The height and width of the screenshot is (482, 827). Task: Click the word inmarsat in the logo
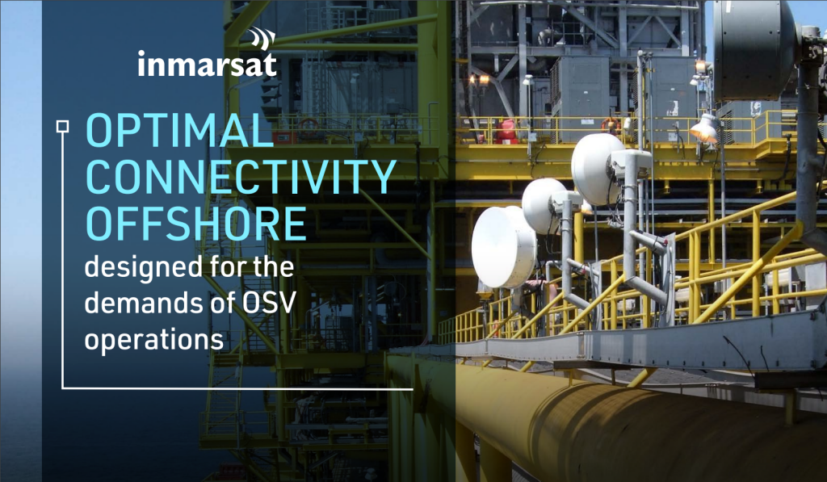coord(207,64)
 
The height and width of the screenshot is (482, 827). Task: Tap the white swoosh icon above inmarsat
coord(263,38)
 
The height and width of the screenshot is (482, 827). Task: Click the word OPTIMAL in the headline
coord(175,131)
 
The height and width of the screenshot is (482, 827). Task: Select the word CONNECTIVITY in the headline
coord(241,176)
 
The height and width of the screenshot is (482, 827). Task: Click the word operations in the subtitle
coord(153,339)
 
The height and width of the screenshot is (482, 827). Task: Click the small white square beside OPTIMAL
coord(61,125)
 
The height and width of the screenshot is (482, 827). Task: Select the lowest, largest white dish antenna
coord(503,247)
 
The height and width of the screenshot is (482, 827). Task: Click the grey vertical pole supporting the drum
coord(808,145)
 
